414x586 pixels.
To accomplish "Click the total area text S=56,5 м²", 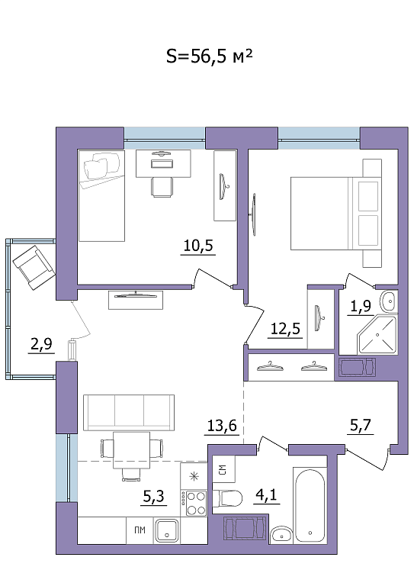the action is pyautogui.click(x=210, y=56).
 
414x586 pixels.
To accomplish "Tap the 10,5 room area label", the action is pyautogui.click(x=198, y=246).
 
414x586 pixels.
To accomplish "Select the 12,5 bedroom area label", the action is pyautogui.click(x=285, y=329).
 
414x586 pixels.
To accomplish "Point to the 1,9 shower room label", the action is pyautogui.click(x=360, y=306).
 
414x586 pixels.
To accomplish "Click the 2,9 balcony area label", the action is pyautogui.click(x=41, y=344).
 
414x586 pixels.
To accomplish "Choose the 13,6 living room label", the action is pyautogui.click(x=222, y=425).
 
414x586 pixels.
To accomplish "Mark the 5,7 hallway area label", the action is pyautogui.click(x=361, y=425).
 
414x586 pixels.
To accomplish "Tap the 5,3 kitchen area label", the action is pyautogui.click(x=154, y=496).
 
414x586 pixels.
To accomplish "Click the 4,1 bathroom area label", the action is pyautogui.click(x=267, y=494).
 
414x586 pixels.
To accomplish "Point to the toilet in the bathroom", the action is pyautogui.click(x=227, y=497).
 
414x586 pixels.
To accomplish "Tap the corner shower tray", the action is pyautogui.click(x=377, y=335).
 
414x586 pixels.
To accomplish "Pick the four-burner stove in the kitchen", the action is pyautogui.click(x=194, y=503).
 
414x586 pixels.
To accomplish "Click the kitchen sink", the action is pyautogui.click(x=167, y=530).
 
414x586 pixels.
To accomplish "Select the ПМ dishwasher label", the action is pyautogui.click(x=140, y=530).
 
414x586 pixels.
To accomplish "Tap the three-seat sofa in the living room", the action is pyautogui.click(x=129, y=413).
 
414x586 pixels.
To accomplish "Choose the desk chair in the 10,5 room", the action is pyautogui.click(x=162, y=187).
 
